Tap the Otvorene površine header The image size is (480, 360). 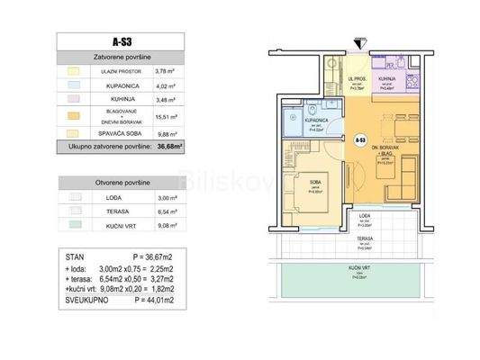pos(120,181)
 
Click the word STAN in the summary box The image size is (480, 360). pos(70,256)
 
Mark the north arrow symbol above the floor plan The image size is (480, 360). pos(360,41)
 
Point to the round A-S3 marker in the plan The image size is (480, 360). pos(359,140)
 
